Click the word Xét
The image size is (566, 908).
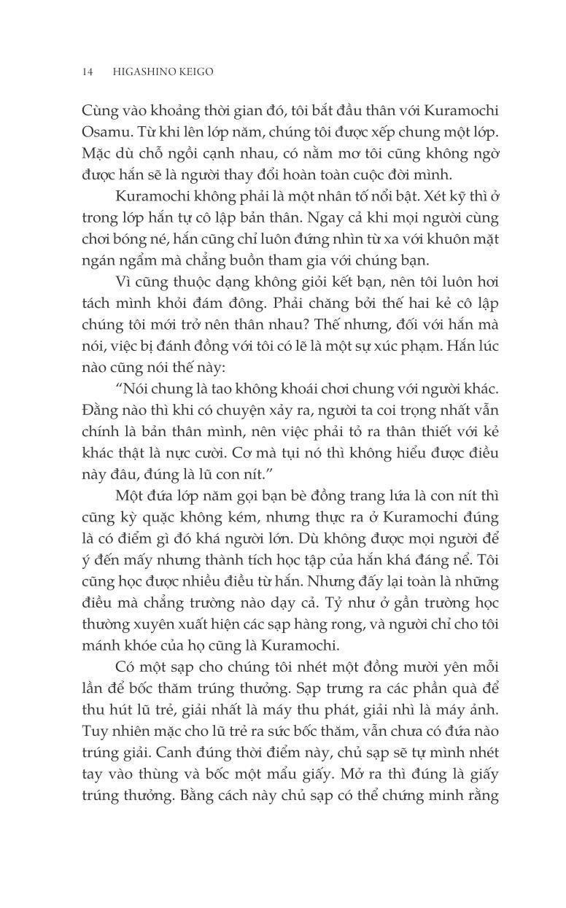tap(426, 199)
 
